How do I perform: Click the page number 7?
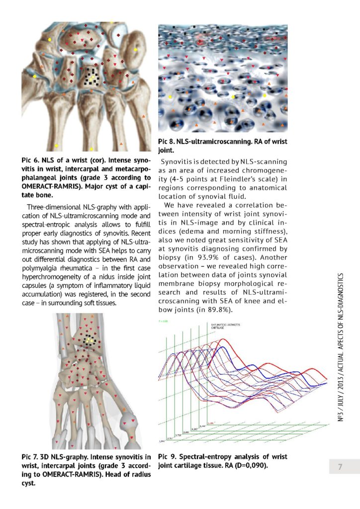[340, 466]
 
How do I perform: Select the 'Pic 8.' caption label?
[168, 142]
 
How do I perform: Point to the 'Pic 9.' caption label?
[167, 456]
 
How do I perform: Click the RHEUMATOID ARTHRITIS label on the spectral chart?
[221, 325]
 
